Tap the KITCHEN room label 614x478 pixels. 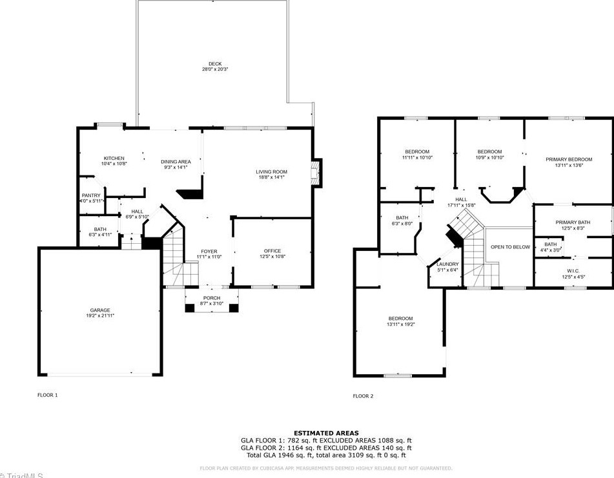click(x=114, y=158)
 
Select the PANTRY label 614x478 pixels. click(x=91, y=195)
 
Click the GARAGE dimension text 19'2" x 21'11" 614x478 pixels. click(x=99, y=316)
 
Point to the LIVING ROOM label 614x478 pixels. click(x=271, y=172)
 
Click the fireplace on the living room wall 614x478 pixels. click(x=316, y=173)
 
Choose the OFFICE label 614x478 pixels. click(x=272, y=251)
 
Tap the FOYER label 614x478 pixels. click(x=209, y=251)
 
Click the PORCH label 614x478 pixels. click(x=212, y=297)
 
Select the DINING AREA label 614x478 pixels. click(x=175, y=162)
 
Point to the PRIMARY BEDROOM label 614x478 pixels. click(x=568, y=159)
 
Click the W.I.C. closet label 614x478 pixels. click(x=573, y=271)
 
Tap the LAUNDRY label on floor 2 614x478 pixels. click(x=447, y=264)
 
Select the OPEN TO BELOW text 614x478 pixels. click(x=510, y=247)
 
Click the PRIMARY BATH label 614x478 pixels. click(x=573, y=223)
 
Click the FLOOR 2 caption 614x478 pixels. click(x=363, y=396)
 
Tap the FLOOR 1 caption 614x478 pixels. click(x=47, y=395)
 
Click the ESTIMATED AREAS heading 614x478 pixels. click(x=326, y=433)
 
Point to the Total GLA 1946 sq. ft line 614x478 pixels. click(x=326, y=455)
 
